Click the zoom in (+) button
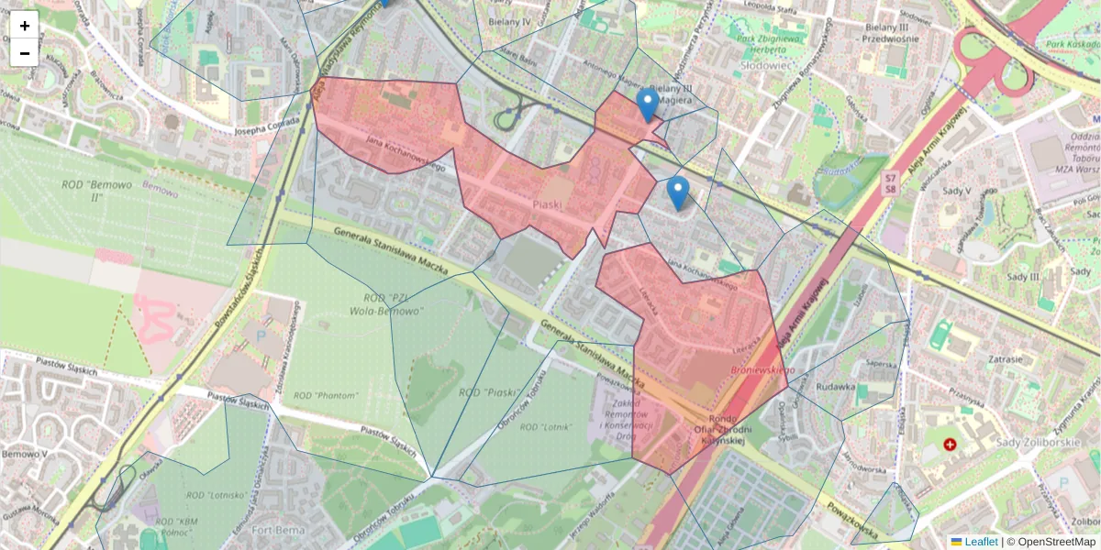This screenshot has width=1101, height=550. point(25,25)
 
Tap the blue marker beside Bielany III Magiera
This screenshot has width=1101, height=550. point(648,104)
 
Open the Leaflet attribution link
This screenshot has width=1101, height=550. point(981,542)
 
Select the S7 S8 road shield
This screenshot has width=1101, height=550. point(889,182)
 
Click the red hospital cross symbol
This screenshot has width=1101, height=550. point(950,445)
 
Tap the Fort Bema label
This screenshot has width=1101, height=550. point(275,529)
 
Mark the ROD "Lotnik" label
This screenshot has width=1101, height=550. point(545,427)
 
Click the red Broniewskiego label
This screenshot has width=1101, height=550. point(762,369)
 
